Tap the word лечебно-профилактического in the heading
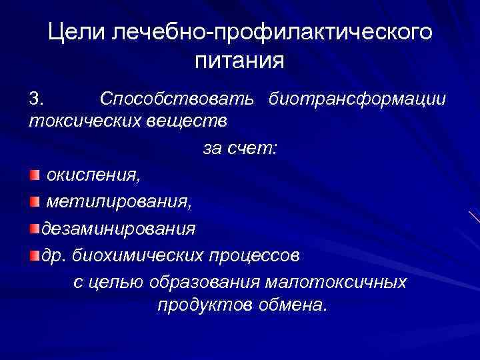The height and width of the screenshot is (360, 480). [272, 33]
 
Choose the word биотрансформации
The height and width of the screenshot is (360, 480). [357, 99]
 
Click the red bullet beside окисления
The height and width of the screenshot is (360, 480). [35, 175]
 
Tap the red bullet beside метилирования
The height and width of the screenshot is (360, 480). [35, 201]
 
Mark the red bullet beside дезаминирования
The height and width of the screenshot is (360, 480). [34, 229]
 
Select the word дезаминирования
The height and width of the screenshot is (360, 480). [119, 229]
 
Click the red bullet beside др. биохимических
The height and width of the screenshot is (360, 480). [34, 255]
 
